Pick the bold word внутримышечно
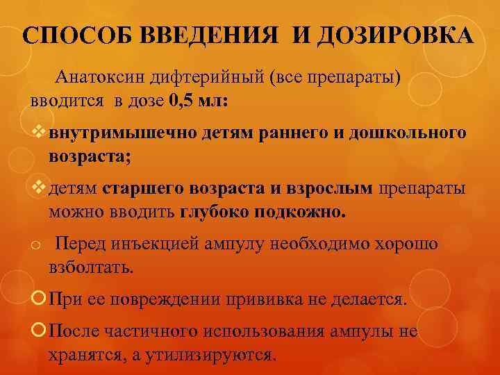pos(122,132)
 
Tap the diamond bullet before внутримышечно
pos(39,132)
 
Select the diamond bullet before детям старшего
pos(39,188)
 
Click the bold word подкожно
pos(306,211)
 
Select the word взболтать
pos(90,267)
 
